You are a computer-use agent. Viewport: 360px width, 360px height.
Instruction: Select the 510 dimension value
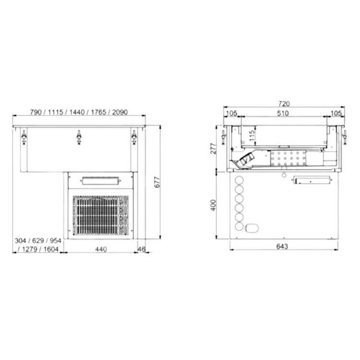[x=283, y=113]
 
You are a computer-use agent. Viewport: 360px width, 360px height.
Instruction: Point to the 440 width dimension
[x=100, y=249]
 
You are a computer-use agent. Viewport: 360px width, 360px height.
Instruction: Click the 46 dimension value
[x=141, y=249]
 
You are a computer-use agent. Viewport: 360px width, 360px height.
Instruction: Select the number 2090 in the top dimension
[x=118, y=112]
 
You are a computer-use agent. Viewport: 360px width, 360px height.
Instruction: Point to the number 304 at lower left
[x=20, y=241]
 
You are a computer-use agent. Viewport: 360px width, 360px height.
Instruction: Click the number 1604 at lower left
[x=50, y=249]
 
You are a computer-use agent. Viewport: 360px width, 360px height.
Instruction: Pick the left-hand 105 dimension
[x=231, y=113]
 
